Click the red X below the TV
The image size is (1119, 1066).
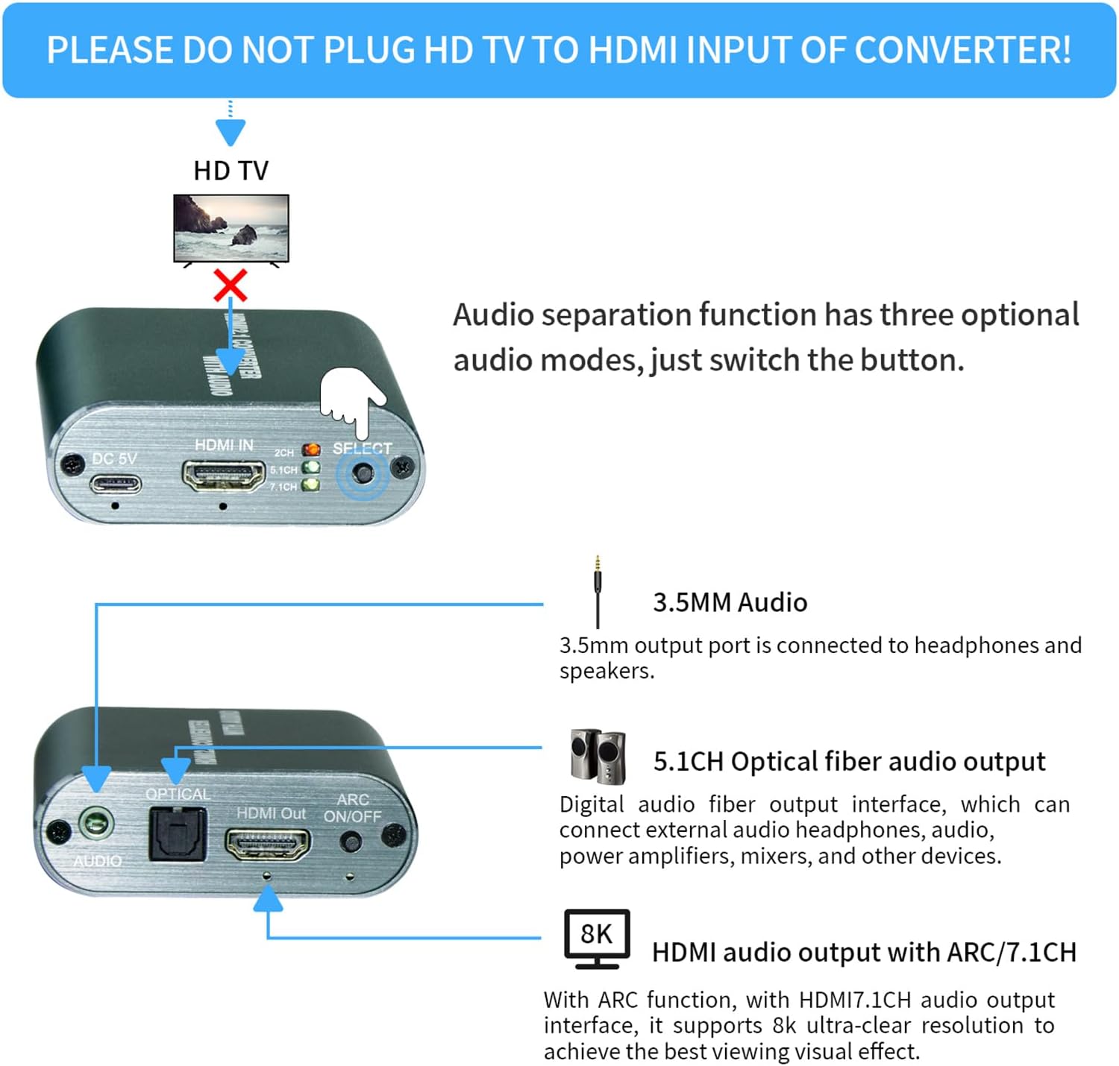click(231, 285)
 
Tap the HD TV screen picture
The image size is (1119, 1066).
click(231, 227)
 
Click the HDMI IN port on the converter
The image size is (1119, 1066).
click(224, 476)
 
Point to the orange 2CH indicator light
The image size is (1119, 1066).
click(310, 450)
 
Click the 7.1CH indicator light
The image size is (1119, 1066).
click(310, 485)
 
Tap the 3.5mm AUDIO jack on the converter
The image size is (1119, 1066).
click(96, 825)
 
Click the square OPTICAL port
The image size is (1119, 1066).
click(178, 834)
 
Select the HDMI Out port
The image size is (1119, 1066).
click(268, 845)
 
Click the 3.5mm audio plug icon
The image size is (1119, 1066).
click(598, 593)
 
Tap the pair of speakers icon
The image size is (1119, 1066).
click(598, 757)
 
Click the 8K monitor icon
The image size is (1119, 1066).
click(597, 938)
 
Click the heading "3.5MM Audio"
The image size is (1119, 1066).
click(730, 602)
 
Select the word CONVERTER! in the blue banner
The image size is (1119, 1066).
click(962, 50)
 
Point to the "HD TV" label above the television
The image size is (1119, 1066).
click(231, 171)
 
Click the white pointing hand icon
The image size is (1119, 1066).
click(353, 400)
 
